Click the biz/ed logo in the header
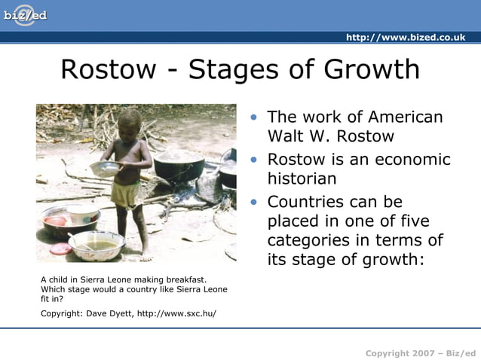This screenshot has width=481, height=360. coord(24,15)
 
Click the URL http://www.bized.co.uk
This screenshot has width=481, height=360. coord(406,38)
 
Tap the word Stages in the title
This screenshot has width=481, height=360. coord(234,69)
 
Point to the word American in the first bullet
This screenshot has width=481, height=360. coord(406,117)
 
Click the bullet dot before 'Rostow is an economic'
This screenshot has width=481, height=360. coord(256,160)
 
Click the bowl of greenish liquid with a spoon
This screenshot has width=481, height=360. coord(97,246)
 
